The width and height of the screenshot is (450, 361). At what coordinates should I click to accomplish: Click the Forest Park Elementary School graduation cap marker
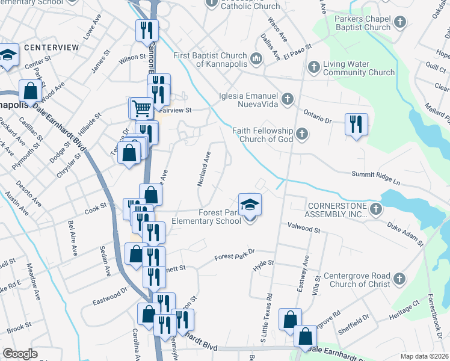pos(250,205)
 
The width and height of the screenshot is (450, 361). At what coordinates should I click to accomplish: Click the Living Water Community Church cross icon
pos(313,67)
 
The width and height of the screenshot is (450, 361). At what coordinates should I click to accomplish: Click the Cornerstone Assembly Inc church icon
pos(377,209)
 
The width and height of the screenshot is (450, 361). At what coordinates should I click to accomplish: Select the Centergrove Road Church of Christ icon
pos(400,279)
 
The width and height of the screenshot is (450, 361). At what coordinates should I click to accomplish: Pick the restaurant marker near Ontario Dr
pos(356,124)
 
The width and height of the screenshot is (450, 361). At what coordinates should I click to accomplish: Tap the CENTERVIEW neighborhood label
pos(51,47)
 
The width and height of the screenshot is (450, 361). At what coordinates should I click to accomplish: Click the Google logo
pos(20,354)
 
